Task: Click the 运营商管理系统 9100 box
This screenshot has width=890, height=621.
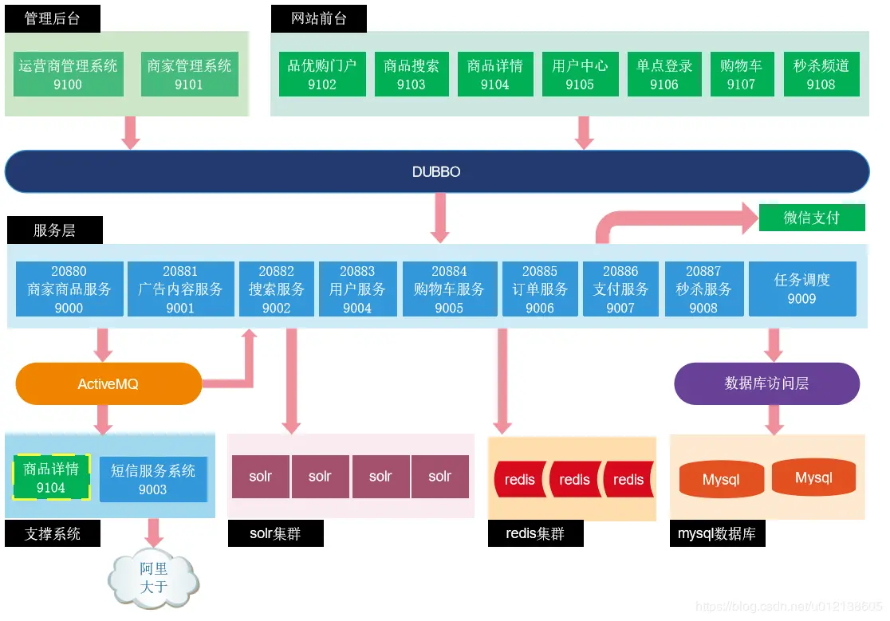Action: pyautogui.click(x=68, y=75)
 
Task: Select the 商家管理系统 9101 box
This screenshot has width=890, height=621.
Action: pyautogui.click(x=189, y=75)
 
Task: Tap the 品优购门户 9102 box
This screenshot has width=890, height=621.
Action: pyautogui.click(x=322, y=75)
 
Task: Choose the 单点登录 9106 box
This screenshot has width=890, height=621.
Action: pyautogui.click(x=664, y=75)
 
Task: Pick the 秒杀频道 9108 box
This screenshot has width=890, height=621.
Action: pyautogui.click(x=821, y=75)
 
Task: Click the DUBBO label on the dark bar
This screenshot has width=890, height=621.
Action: pyautogui.click(x=436, y=171)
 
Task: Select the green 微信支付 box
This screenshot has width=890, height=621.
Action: pyautogui.click(x=811, y=218)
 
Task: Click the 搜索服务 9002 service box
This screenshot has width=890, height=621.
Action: pyautogui.click(x=276, y=289)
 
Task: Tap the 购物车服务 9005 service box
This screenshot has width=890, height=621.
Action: pyautogui.click(x=449, y=289)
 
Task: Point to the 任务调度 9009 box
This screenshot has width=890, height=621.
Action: pyautogui.click(x=801, y=289)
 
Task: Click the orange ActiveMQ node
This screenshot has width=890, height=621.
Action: pyautogui.click(x=108, y=384)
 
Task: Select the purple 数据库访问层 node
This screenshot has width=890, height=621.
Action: pyautogui.click(x=766, y=383)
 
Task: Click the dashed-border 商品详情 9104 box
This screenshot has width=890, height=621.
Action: pyautogui.click(x=51, y=478)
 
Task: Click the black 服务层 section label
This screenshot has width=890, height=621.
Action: pyautogui.click(x=54, y=230)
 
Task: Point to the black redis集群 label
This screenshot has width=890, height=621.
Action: pyautogui.click(x=535, y=534)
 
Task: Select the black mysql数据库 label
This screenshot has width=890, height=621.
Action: pyautogui.click(x=717, y=534)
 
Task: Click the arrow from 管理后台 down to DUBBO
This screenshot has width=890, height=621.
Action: pyautogui.click(x=130, y=132)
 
